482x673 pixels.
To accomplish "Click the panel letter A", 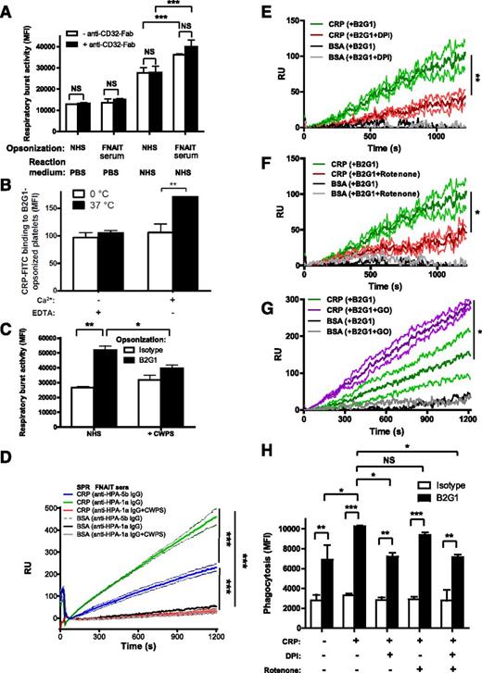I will (x=8, y=8).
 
